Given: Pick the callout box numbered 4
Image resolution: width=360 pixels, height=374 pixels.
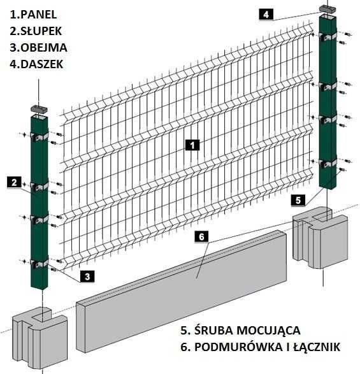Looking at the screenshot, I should [x=266, y=13].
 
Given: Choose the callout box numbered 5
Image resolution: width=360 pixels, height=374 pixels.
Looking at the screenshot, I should [x=299, y=200].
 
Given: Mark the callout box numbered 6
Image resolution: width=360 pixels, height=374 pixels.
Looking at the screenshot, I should [x=201, y=237].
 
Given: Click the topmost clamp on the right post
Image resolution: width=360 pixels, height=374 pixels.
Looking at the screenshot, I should [x=329, y=39].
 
